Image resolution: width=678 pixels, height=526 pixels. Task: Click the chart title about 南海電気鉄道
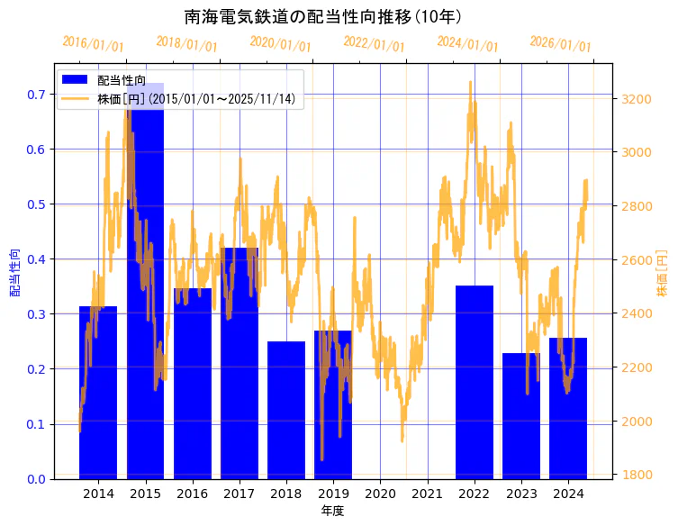[x=323, y=17]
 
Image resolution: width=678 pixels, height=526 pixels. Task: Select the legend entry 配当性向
[x=122, y=80]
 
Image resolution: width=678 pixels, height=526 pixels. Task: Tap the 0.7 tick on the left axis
[x=36, y=95]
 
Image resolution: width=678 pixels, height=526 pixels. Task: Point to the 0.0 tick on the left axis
[x=36, y=479]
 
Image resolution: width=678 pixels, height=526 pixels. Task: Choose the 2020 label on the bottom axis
[x=380, y=494]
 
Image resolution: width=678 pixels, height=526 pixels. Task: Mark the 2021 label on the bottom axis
[x=427, y=494]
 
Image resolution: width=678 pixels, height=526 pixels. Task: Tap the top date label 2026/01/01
[x=561, y=43]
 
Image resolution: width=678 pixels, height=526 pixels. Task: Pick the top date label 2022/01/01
[x=375, y=43]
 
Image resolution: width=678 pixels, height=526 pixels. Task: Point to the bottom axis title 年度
[x=332, y=511]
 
